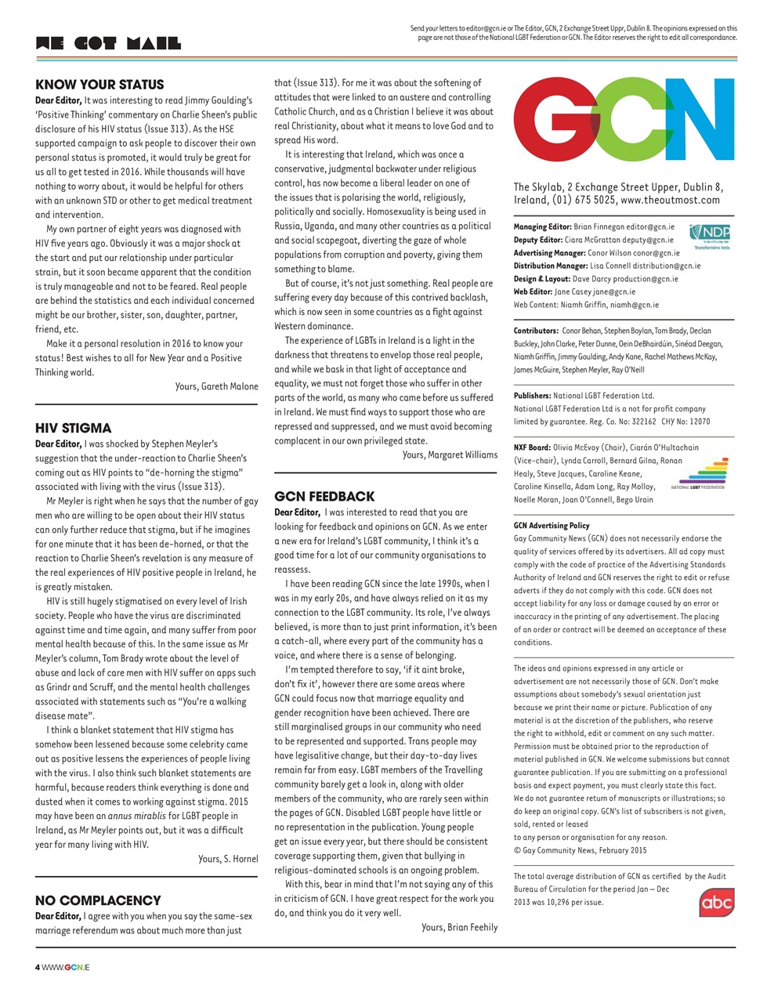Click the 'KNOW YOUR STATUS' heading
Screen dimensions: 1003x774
coord(99,85)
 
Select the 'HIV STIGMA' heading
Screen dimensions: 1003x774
coord(74,428)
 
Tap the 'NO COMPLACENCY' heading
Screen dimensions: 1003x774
coord(98,900)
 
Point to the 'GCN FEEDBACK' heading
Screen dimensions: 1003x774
coord(324,496)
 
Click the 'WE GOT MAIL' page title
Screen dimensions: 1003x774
coord(108,44)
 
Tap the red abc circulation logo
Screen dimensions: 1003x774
coord(716,903)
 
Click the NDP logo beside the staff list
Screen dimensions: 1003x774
coord(710,236)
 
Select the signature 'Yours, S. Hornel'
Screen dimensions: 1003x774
coord(228,859)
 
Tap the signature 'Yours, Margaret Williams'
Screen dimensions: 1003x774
coord(450,454)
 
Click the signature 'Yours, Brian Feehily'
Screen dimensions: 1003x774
coord(459,927)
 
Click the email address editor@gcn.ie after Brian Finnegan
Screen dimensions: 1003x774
coord(649,227)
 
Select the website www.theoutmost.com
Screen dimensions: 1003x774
coord(670,201)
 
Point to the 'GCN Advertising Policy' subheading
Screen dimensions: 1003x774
coord(552,526)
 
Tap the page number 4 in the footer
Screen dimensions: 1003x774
coord(38,967)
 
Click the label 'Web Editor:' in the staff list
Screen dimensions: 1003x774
coord(533,291)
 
